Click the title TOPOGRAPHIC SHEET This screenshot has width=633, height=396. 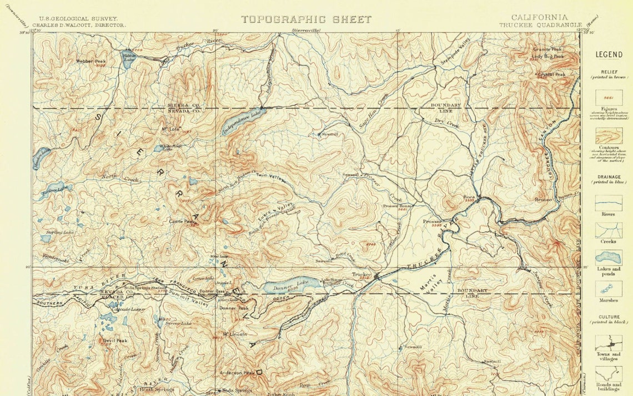coord(306,19)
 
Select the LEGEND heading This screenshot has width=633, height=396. coord(609,54)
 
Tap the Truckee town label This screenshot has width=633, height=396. coord(361,274)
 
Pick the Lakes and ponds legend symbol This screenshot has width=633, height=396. coord(609,258)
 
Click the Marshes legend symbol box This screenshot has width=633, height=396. coord(609,288)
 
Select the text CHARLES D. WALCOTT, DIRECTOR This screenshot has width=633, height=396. coord(79,25)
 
